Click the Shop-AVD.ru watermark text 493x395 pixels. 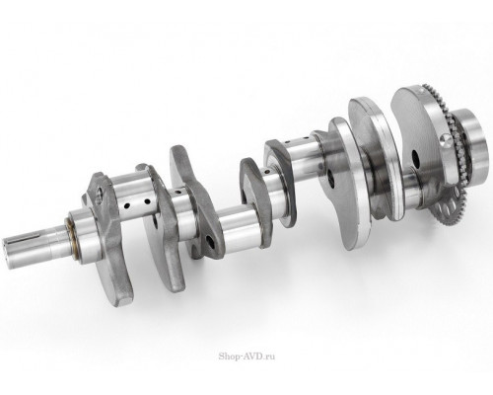246,356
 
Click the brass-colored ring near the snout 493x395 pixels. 72,235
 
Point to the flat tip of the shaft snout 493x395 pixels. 5,253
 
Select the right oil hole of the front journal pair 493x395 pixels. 147,201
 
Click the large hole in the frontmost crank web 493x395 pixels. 100,194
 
